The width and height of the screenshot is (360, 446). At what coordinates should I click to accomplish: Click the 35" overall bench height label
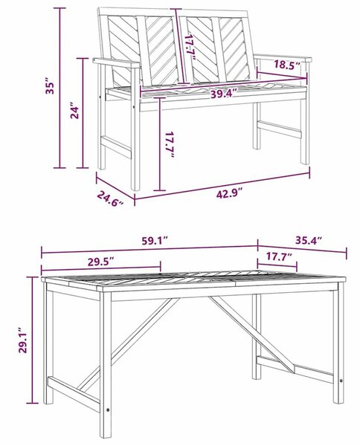coord(50,88)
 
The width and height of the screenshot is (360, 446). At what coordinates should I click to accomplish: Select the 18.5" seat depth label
coord(287,64)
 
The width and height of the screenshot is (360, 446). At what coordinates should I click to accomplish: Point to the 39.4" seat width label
coord(224,94)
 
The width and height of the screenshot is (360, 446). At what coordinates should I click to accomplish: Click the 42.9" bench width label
coord(229,194)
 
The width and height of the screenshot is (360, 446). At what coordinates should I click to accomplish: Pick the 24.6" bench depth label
coord(110,198)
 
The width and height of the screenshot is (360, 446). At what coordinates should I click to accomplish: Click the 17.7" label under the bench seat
coord(170,144)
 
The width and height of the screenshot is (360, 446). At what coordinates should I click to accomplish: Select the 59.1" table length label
coord(154,241)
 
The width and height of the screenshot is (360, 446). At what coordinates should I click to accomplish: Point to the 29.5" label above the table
coord(100,262)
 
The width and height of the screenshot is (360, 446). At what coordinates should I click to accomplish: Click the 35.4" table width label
coord(309,240)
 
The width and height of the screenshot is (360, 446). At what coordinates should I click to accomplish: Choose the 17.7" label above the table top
coord(279,256)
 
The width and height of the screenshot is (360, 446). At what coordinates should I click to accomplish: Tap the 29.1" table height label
coord(23,340)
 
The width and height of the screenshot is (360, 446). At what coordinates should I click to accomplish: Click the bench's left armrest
coord(116,62)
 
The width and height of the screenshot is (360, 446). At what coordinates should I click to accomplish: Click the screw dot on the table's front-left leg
coord(108,410)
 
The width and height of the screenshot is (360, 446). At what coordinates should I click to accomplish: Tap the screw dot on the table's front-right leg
coord(341,381)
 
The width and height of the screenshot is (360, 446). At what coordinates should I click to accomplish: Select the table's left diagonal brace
coord(128,343)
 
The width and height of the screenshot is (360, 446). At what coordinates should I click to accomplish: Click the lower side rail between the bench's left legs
coord(116,147)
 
